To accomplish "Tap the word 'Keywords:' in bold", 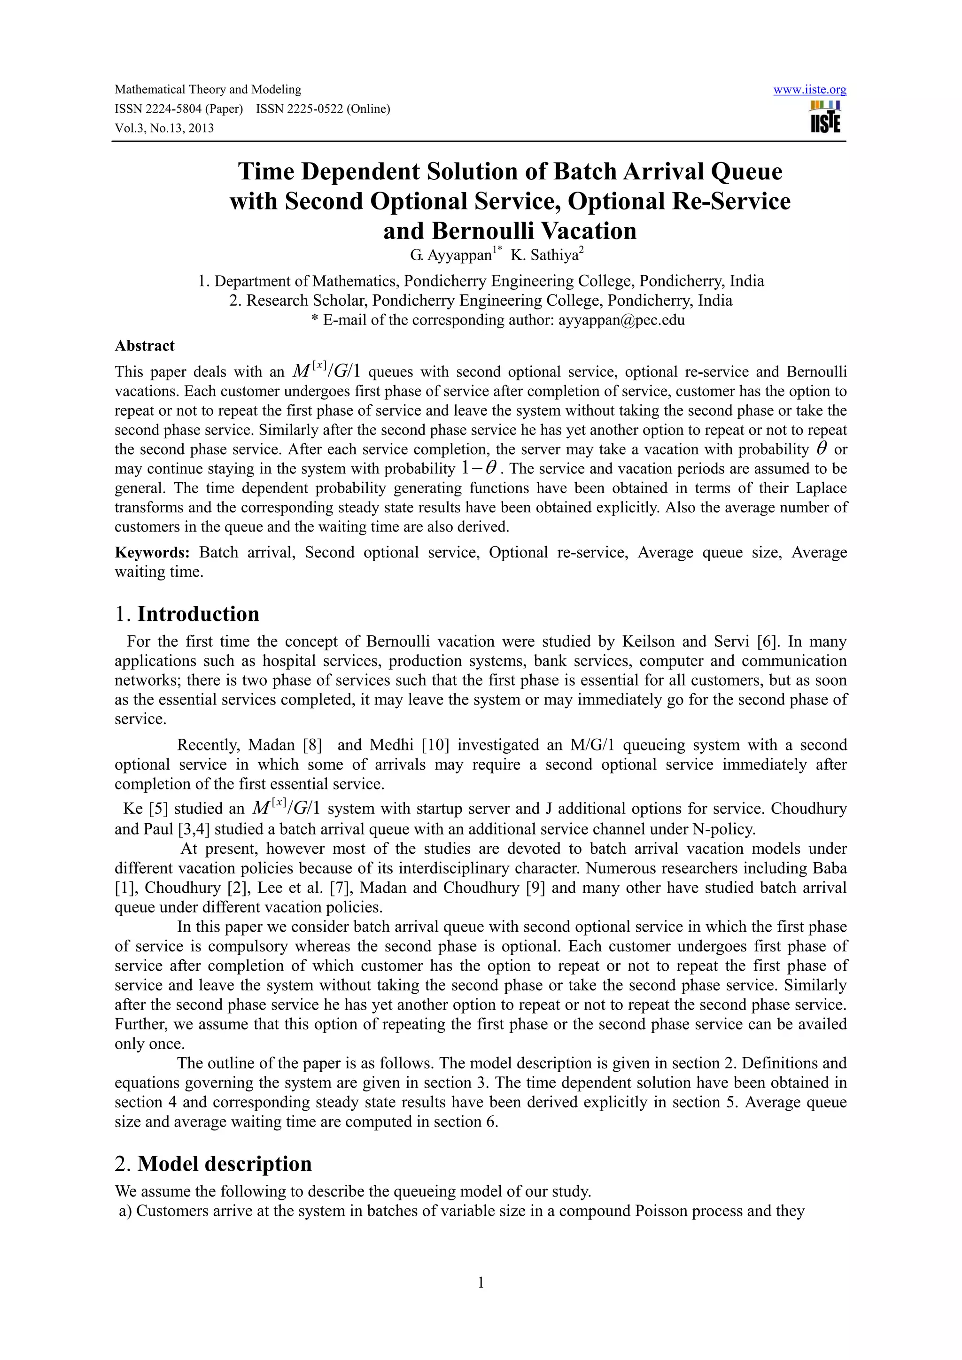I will point(152,553).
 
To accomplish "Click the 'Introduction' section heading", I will point(198,614).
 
